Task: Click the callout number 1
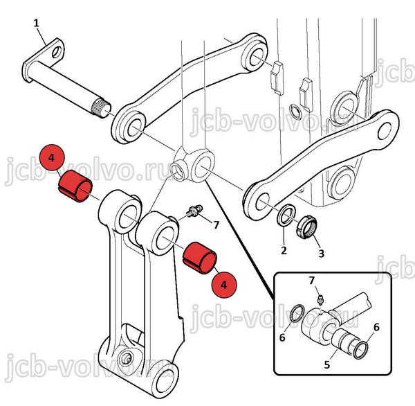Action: coord(37,24)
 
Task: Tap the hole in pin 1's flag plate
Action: coord(55,49)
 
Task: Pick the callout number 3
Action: coord(320,253)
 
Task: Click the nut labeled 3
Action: coord(306,226)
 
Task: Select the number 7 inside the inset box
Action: coord(311,280)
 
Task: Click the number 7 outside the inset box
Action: coord(216,224)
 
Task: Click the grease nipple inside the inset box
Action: coord(322,299)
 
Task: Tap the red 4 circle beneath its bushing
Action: coord(222,283)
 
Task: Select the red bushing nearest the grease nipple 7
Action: coord(199,256)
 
